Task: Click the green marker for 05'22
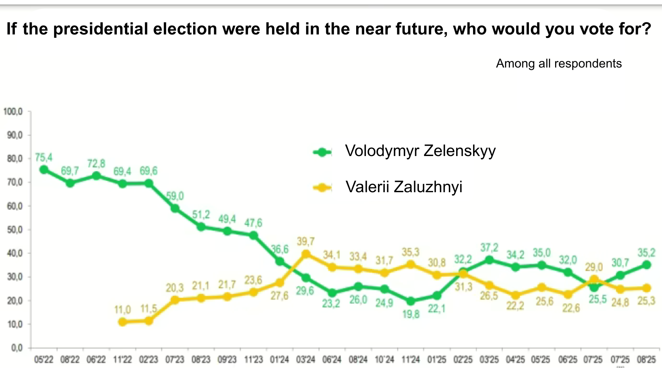44,169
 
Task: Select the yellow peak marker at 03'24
306,254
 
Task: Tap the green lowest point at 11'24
411,301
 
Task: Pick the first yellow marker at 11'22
122,322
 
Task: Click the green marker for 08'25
646,265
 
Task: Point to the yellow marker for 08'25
646,288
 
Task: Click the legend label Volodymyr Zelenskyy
420,151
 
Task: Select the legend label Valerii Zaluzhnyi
404,187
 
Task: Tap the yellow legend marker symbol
322,188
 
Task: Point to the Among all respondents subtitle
559,64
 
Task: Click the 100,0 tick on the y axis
13,112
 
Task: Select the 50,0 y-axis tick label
14,230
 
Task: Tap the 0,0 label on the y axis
17,348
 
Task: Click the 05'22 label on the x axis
44,360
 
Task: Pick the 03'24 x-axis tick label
305,360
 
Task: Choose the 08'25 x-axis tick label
646,360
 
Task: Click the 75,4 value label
44,158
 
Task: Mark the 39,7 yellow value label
305,241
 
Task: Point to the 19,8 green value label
411,314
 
